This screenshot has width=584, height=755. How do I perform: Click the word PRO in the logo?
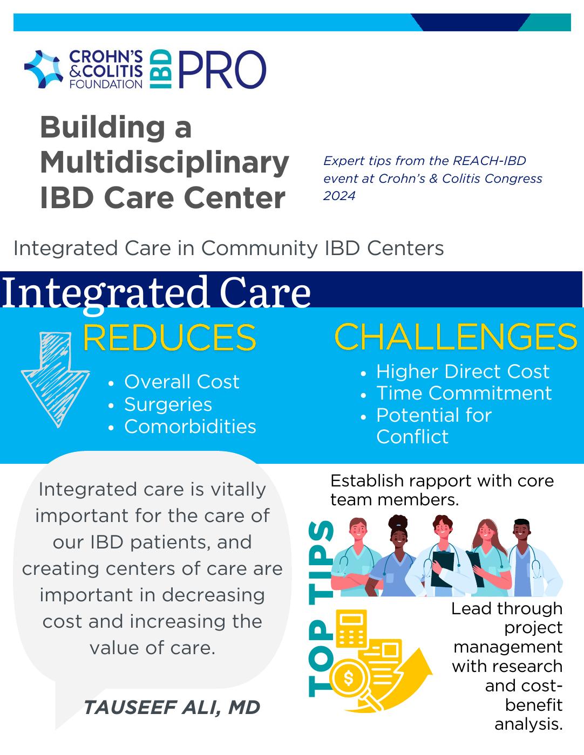coord(222,70)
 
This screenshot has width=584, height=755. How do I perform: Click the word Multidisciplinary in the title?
coord(164,162)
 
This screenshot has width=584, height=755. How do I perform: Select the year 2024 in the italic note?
coord(339,196)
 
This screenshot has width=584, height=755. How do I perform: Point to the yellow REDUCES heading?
coord(169,338)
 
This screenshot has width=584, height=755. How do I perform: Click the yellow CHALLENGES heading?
coord(456,337)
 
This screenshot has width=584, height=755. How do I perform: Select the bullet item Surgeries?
coord(168,404)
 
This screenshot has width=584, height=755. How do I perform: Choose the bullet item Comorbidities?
coord(190,427)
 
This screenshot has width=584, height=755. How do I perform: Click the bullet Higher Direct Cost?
coord(463,372)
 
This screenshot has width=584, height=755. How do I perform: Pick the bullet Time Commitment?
coord(464,393)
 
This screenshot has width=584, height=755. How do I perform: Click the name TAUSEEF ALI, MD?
coord(172,707)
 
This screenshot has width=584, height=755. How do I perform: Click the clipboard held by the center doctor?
coord(443,569)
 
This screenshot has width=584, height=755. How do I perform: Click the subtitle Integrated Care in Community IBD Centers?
coord(228,249)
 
